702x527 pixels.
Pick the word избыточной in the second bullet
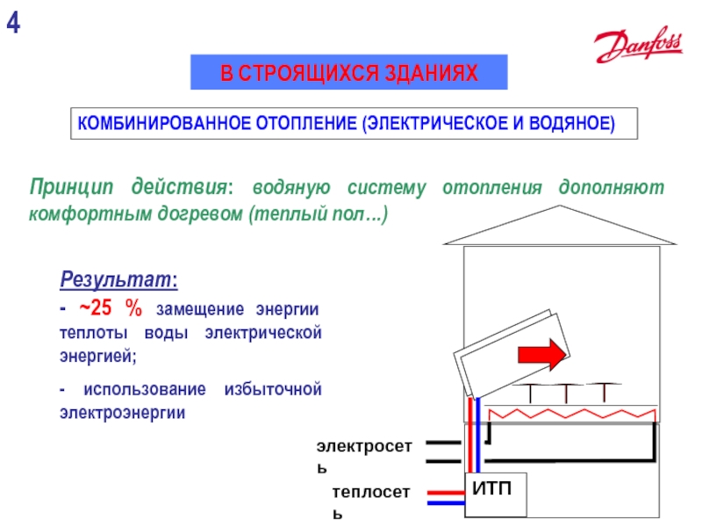275,388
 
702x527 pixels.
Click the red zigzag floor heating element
570,414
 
